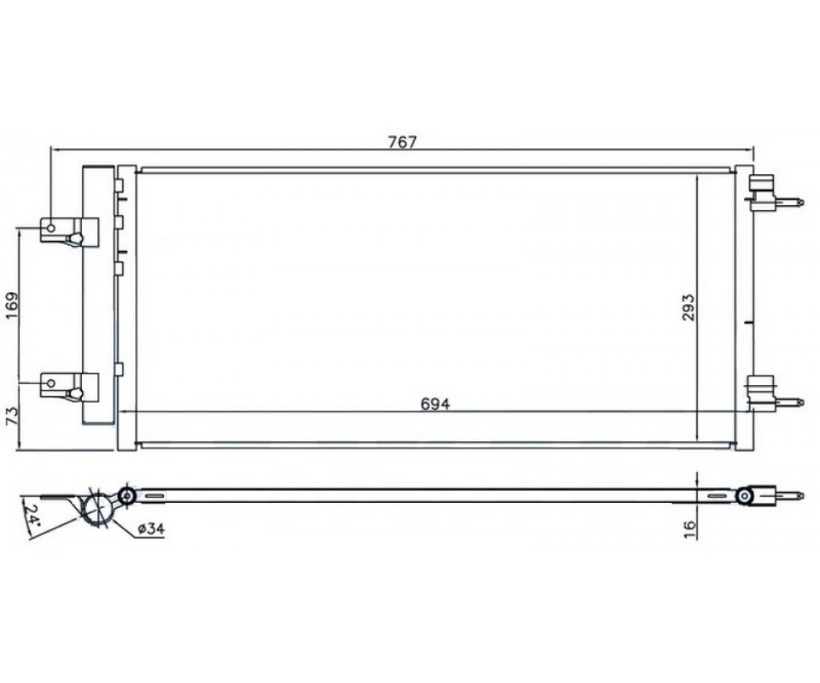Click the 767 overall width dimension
(402, 142)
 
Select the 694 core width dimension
(435, 404)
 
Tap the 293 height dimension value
(688, 307)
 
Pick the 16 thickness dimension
(690, 529)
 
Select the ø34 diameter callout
(151, 528)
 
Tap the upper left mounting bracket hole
(51, 228)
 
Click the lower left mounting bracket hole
(51, 383)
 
